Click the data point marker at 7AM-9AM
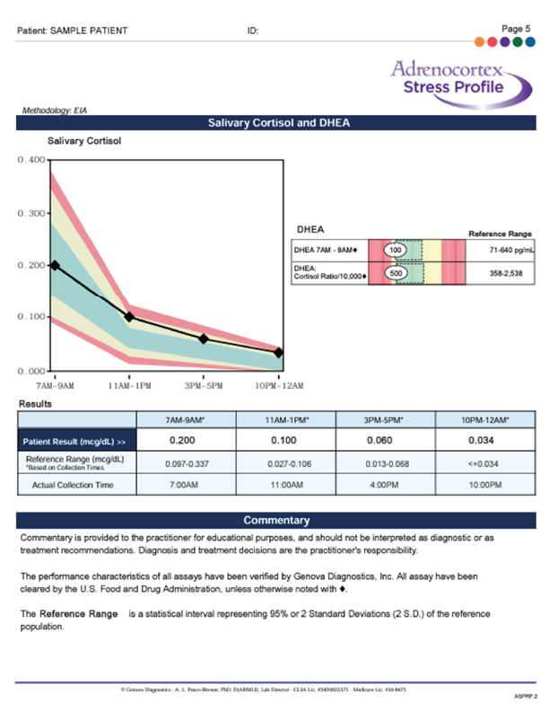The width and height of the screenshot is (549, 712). [55, 266]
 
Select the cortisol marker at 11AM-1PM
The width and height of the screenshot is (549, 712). [129, 317]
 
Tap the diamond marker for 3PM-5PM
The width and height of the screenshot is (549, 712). [204, 338]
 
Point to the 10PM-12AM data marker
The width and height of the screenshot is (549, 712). [279, 353]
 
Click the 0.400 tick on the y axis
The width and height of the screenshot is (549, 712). [31, 160]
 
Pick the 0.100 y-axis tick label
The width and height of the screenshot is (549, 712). [31, 318]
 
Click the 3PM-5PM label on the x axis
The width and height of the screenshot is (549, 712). [204, 385]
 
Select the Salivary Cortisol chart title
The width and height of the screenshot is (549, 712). [83, 141]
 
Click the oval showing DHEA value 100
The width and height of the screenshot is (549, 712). [395, 249]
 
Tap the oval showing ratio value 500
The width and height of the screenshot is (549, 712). [395, 272]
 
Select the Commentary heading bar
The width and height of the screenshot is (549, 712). [276, 520]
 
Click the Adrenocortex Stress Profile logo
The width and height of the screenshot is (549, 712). [459, 78]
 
